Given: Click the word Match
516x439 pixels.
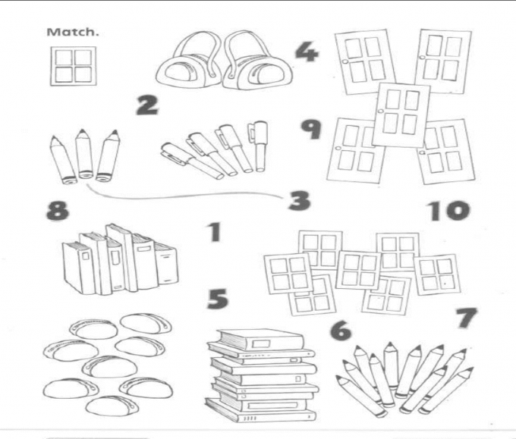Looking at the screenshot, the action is click(73, 32).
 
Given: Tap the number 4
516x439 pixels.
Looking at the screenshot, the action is click(307, 52).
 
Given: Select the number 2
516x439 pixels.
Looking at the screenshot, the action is click(147, 105).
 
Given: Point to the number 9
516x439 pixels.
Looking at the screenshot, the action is click(310, 129).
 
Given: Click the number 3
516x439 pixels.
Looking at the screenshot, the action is click(299, 200).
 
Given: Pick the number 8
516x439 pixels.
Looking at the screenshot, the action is click(58, 211).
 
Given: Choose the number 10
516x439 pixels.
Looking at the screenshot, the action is click(448, 211).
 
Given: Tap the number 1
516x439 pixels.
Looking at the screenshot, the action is click(215, 232).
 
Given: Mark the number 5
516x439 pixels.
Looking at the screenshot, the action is click(218, 299).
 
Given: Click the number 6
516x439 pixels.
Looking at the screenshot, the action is click(341, 331).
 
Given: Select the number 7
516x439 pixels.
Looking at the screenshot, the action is click(467, 318).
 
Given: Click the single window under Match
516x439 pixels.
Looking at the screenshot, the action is click(73, 66).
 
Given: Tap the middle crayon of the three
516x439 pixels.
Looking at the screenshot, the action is click(84, 153).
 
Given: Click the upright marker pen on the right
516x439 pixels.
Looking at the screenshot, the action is click(259, 146).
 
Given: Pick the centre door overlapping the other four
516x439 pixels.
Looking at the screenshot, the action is click(401, 114).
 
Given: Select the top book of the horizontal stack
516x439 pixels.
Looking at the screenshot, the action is click(260, 340).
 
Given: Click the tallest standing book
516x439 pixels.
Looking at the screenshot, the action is click(121, 258).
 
